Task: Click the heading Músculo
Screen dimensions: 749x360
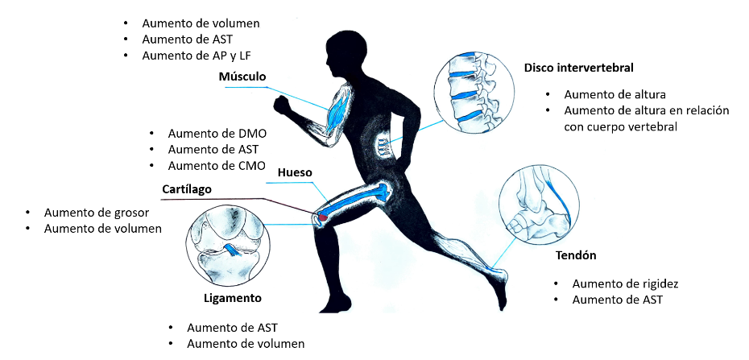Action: pyautogui.click(x=242, y=77)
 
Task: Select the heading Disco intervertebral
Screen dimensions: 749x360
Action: pyautogui.click(x=578, y=68)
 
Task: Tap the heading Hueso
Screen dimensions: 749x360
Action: pyautogui.click(x=294, y=172)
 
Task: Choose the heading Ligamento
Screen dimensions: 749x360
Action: pyautogui.click(x=232, y=298)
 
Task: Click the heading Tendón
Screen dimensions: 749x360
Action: pyautogui.click(x=576, y=255)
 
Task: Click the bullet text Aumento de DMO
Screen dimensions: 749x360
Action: pyautogui.click(x=217, y=133)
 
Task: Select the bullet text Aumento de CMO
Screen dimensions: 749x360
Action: pyautogui.click(x=217, y=166)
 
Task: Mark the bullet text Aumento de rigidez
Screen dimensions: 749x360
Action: pyautogui.click(x=625, y=283)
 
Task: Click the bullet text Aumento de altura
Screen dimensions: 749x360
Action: pyautogui.click(x=615, y=94)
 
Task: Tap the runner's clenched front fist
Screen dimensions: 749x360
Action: pyautogui.click(x=281, y=106)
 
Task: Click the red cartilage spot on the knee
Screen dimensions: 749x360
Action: pyautogui.click(x=322, y=217)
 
